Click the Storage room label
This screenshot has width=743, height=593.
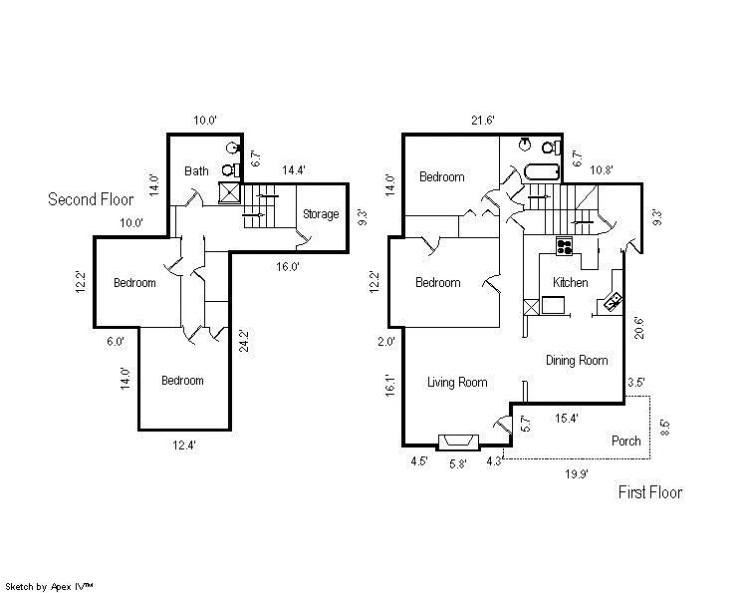pos(321,214)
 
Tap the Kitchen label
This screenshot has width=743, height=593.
pos(571,283)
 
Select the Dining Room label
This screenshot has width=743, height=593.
pos(577,361)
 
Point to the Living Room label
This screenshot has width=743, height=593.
pos(457,383)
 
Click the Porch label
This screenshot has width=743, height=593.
pos(626,442)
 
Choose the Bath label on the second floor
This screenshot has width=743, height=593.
pos(196,171)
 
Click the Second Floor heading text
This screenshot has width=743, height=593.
pos(91,199)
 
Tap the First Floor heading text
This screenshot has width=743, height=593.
pos(650,492)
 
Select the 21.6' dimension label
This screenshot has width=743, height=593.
pos(482,121)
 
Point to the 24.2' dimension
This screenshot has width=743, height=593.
pos(243,342)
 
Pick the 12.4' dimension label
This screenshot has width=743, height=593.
pos(182,445)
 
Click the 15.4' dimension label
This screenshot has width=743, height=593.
pos(568,418)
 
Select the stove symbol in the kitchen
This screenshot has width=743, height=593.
pos(565,245)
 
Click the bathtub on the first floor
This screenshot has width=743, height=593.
pos(537,170)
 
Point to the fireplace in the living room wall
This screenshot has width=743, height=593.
pos(457,442)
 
